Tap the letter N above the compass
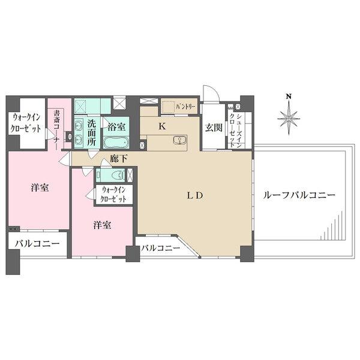tap(289, 96)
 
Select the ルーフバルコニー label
tap(299, 195)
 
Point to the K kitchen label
tap(161, 127)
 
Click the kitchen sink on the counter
tap(178, 141)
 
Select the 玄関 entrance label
tap(213, 127)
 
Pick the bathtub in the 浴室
tap(113, 142)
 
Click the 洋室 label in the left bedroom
tap(40, 188)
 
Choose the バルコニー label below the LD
tap(161, 247)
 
